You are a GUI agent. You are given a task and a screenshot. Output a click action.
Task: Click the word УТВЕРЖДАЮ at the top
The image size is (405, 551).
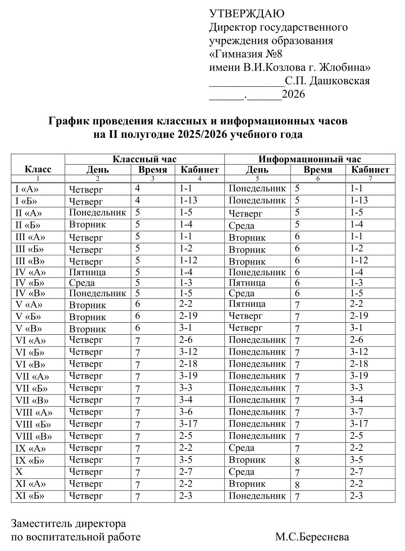click(247, 14)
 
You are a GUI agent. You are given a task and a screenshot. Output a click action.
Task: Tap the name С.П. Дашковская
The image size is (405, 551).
click(327, 81)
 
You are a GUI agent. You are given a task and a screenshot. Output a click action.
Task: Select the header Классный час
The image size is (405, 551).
click(144, 159)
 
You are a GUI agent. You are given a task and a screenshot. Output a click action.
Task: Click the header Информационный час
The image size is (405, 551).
click(309, 159)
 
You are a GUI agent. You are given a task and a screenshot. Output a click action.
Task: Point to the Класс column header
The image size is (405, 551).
click(38, 169)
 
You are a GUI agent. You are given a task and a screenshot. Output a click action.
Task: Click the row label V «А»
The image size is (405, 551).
click(29, 304)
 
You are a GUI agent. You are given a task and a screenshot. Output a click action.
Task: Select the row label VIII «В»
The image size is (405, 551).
click(33, 436)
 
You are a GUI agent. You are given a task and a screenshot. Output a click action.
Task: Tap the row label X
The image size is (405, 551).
click(19, 472)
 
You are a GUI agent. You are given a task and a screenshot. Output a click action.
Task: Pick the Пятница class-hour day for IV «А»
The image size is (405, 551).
click(87, 272)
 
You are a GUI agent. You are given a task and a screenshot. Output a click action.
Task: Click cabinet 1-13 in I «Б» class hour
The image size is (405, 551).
click(188, 200)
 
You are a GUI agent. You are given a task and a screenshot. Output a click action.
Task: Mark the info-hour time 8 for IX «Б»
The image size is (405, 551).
click(297, 461)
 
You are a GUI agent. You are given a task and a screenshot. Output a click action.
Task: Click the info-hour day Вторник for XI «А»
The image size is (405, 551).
click(247, 484)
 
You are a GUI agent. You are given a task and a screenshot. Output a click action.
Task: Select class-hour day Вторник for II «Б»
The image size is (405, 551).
click(87, 224)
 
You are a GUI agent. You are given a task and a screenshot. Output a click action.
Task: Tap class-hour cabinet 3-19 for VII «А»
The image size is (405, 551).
click(188, 376)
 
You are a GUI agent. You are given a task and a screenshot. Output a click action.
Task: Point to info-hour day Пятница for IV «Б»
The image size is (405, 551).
click(247, 283)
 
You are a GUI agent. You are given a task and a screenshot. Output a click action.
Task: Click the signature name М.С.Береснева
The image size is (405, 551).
click(312, 537)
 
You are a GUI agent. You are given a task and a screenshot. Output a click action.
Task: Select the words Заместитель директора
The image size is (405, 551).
click(68, 524)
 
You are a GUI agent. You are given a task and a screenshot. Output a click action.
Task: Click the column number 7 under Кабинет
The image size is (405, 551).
click(370, 179)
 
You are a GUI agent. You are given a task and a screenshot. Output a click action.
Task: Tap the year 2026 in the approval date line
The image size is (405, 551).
click(293, 94)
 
